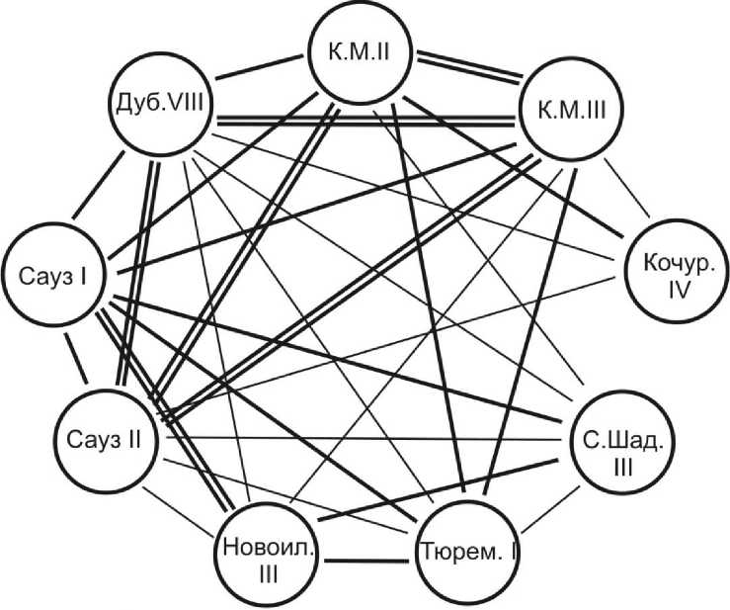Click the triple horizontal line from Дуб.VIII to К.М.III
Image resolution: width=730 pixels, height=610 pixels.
361,121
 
